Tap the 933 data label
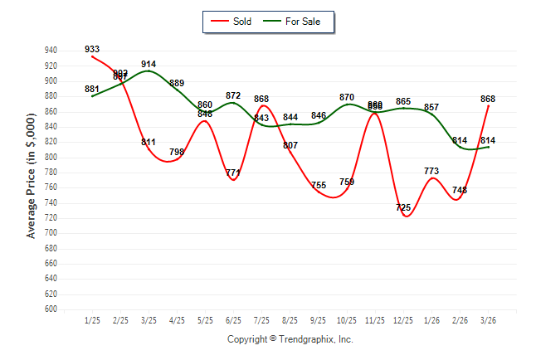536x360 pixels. click(x=92, y=50)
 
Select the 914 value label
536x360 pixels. click(x=149, y=64)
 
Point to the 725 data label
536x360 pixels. click(x=403, y=207)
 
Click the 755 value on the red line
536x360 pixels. click(x=319, y=185)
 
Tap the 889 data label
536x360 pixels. click(x=177, y=83)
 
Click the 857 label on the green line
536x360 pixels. click(x=431, y=107)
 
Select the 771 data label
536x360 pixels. click(x=233, y=173)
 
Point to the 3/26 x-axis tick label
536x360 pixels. click(x=488, y=320)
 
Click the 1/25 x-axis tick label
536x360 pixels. click(x=92, y=320)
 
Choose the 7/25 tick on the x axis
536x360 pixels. click(x=262, y=320)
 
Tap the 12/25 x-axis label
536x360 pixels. click(x=403, y=320)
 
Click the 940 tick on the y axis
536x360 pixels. click(x=51, y=51)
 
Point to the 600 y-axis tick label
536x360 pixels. click(x=51, y=309)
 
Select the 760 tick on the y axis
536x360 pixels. click(x=51, y=187)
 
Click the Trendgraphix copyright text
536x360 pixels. click(x=290, y=340)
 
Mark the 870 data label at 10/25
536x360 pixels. click(x=347, y=97)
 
